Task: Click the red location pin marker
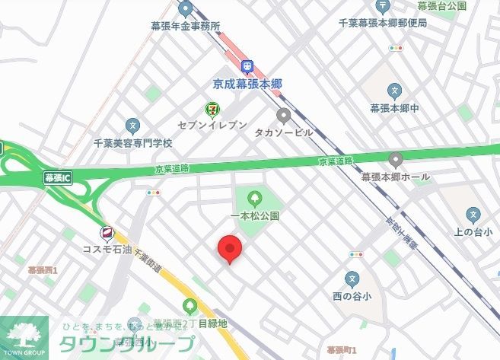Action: pos(230,248)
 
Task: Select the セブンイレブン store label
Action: pos(212,125)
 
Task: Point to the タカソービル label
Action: pos(284,131)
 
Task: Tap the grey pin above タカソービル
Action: pos(284,116)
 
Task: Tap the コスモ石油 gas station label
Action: pos(108,248)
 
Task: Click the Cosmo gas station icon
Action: pos(107,233)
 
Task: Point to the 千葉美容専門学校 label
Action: pos(133,142)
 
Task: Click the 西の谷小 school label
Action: pos(351,295)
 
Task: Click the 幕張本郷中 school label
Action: pos(394,108)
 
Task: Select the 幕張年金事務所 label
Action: pos(186,25)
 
